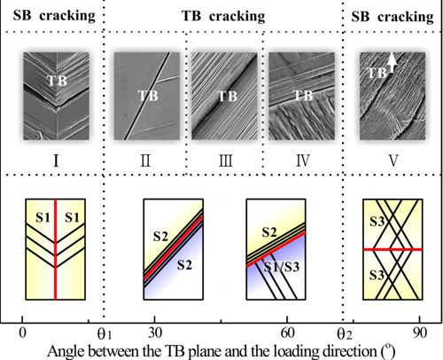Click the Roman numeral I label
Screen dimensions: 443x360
(x=56, y=161)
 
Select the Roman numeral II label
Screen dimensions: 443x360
(x=145, y=161)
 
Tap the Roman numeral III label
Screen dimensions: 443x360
(x=226, y=161)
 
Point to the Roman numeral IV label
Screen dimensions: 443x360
(x=303, y=161)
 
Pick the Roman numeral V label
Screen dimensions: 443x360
(x=393, y=161)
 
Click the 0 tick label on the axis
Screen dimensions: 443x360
(x=22, y=333)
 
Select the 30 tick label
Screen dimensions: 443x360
(x=155, y=333)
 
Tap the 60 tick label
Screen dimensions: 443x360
(x=287, y=333)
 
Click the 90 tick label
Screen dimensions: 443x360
(x=420, y=333)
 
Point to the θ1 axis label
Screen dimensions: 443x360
(x=105, y=334)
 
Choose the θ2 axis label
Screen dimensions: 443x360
(x=345, y=334)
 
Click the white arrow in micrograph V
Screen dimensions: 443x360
(x=392, y=62)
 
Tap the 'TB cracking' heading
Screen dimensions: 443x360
(x=223, y=16)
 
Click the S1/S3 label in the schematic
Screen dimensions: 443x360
(x=282, y=267)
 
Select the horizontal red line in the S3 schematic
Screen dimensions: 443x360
(x=392, y=250)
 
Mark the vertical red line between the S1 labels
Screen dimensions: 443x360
(x=55, y=249)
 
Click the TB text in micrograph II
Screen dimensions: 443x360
(x=148, y=96)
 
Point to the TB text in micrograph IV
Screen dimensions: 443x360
(x=303, y=96)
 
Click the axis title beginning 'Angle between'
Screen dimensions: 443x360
(x=221, y=351)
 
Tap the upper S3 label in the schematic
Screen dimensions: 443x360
(x=377, y=222)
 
